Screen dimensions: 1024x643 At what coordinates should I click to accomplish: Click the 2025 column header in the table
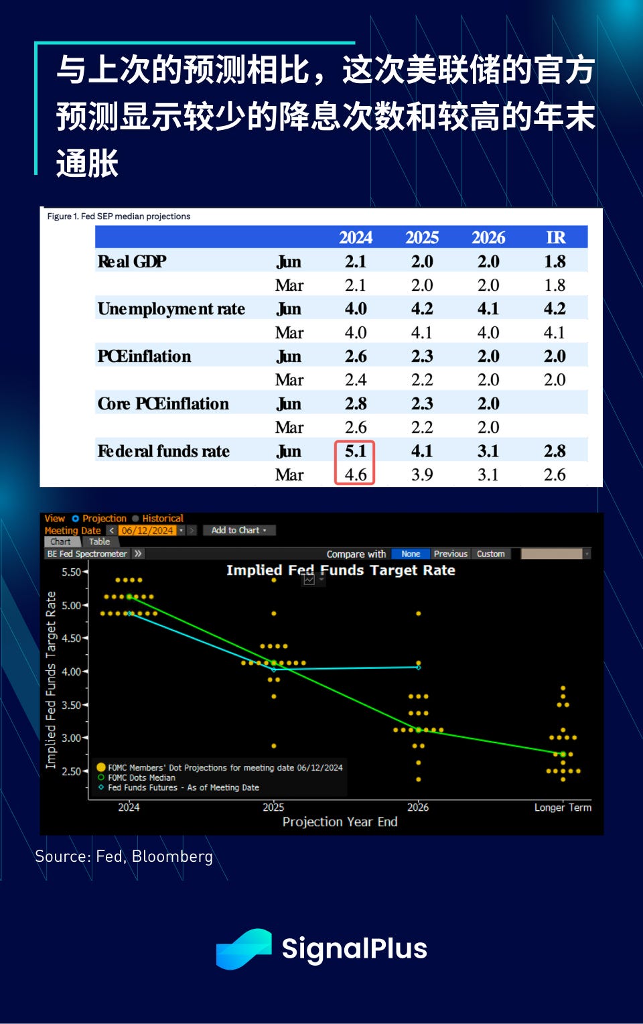click(x=422, y=238)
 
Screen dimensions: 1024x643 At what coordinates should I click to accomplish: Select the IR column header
click(x=555, y=238)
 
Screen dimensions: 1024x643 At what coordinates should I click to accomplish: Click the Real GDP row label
click(x=132, y=261)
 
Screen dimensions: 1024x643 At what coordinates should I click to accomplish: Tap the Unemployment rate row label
click(x=171, y=309)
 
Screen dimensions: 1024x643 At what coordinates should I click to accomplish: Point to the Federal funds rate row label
click(x=163, y=451)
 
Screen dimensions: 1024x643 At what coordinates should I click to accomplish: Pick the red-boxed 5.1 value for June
click(x=355, y=451)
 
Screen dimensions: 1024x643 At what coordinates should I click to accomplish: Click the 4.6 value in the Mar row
click(x=355, y=474)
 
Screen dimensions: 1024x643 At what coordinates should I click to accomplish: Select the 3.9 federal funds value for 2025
click(x=422, y=474)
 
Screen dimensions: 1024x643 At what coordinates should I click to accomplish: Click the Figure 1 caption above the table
click(x=119, y=216)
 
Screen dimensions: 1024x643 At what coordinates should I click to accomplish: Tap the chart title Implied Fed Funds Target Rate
click(x=340, y=570)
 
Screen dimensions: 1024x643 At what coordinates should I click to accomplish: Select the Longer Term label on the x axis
click(x=563, y=808)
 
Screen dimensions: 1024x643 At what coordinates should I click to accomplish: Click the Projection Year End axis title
click(x=340, y=822)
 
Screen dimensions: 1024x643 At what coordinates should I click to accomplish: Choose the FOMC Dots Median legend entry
click(x=141, y=777)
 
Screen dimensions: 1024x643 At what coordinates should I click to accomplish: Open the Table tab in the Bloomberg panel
click(x=99, y=541)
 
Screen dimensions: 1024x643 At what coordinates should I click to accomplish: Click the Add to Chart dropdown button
click(x=238, y=530)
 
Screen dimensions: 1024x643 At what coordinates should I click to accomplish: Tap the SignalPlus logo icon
click(x=244, y=948)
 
